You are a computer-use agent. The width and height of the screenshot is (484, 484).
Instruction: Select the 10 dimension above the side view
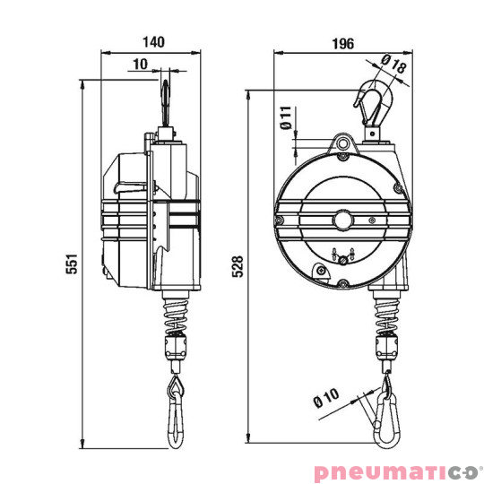click(x=141, y=63)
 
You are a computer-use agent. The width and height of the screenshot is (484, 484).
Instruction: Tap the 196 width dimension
click(x=341, y=42)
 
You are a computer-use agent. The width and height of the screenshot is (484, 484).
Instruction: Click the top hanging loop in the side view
click(x=167, y=99)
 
